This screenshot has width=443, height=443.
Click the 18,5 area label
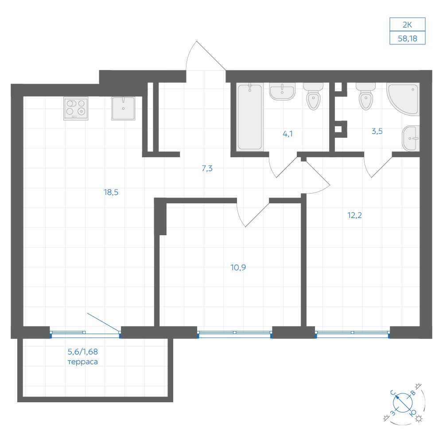tap(111, 192)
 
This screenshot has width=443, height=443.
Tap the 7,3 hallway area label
tap(207, 168)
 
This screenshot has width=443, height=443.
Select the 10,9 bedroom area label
tap(238, 267)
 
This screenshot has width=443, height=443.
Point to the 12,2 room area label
tap(354, 215)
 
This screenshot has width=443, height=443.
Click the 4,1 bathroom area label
tap(288, 134)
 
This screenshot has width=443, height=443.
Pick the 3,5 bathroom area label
tap(377, 131)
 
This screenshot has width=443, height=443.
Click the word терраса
tap(83, 362)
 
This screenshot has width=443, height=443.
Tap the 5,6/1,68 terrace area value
tap(83, 352)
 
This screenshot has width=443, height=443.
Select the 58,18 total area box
tap(408, 38)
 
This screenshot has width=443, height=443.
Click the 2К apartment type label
tap(408, 25)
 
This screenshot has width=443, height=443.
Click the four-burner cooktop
tap(76, 109)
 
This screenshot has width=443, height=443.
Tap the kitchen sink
tap(123, 109)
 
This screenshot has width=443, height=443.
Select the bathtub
tap(250, 117)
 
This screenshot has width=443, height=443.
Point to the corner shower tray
tap(404, 99)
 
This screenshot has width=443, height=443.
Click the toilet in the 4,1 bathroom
tap(313, 97)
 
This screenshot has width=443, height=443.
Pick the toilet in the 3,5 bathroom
tap(366, 97)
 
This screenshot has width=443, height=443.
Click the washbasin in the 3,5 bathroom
tap(411, 138)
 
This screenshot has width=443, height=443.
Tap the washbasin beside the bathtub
tap(282, 91)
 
